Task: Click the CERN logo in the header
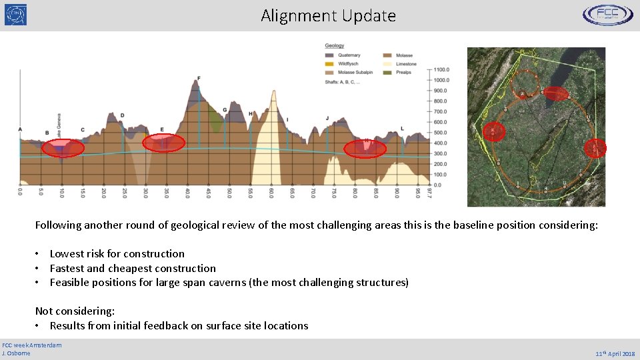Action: click(x=16, y=15)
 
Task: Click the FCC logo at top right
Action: click(x=608, y=15)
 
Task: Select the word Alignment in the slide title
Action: click(x=291, y=15)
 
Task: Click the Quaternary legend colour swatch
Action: click(x=330, y=55)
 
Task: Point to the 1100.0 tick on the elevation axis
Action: click(x=441, y=69)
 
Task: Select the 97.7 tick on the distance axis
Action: click(x=430, y=191)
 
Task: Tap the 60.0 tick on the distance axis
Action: click(x=272, y=191)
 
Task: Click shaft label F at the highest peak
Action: click(x=199, y=79)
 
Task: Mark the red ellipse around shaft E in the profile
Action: click(x=162, y=143)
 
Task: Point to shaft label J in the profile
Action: click(x=327, y=119)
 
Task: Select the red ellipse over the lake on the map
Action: click(x=556, y=94)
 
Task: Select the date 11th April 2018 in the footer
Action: click(x=614, y=353)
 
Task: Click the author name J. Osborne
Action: click(x=17, y=353)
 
